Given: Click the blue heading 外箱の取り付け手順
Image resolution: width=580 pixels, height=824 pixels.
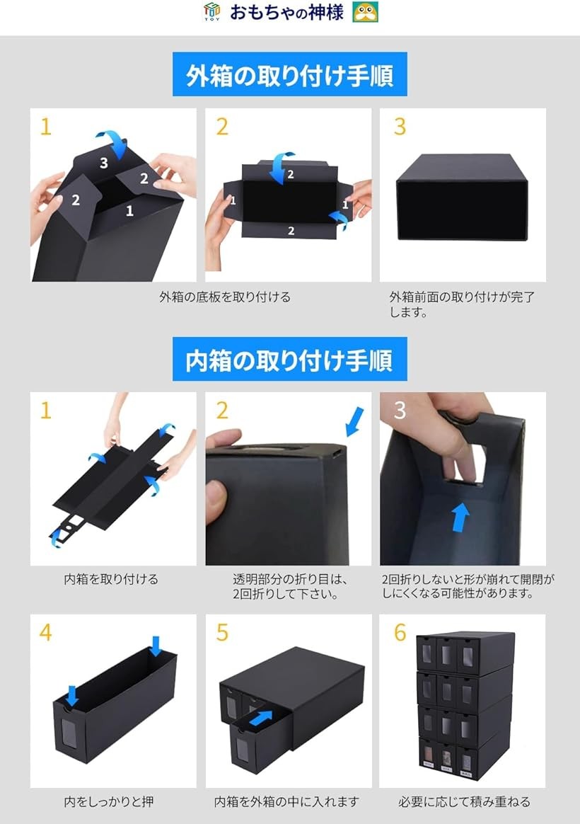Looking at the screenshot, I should pos(289,75).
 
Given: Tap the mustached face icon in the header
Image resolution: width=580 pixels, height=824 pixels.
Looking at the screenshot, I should pos(365,12).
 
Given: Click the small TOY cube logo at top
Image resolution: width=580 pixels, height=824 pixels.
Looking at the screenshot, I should pos(211,12).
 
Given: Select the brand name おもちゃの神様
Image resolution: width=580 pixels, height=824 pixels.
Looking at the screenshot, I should pos(286,13).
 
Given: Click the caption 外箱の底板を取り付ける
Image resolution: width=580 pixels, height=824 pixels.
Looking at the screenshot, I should pos(224,297).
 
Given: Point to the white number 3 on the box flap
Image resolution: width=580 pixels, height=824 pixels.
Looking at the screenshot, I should pos(104,164).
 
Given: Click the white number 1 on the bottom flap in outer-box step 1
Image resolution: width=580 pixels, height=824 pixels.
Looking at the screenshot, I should pos(129,210).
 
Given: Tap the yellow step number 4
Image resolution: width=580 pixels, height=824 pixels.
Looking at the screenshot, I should pos(46,632).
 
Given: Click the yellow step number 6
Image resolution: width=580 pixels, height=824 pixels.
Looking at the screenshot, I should pos(400,632).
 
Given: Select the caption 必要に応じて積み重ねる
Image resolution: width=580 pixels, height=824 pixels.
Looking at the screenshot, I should pos(464,802).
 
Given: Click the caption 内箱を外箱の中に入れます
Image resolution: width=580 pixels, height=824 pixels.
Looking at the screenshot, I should pos(286,802).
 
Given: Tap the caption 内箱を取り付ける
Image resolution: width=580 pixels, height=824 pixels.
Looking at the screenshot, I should pos(111,579).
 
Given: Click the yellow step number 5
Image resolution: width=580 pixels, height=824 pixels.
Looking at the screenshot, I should pos(222,632).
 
